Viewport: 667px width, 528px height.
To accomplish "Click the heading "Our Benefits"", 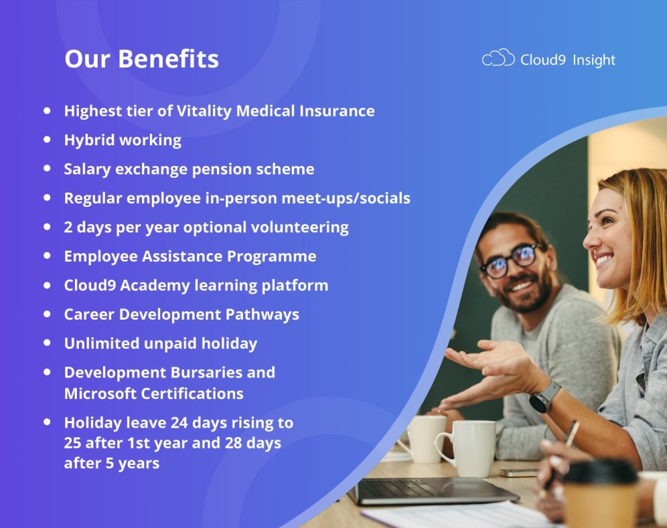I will (141, 59).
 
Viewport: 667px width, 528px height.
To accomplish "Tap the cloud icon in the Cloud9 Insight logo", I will (498, 59).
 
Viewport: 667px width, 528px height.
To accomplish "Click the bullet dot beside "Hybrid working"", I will (47, 139).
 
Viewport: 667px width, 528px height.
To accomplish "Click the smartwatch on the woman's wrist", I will (544, 396).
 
